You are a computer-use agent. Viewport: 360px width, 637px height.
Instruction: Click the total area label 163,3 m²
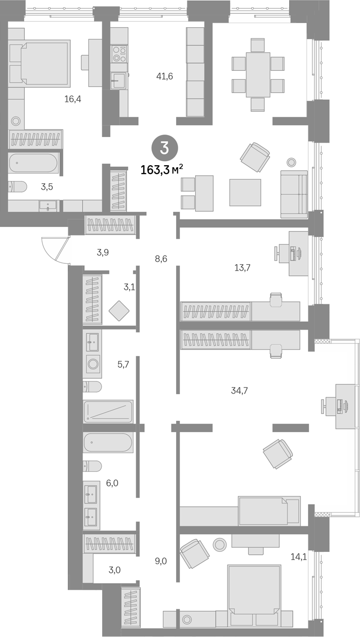click(x=162, y=170)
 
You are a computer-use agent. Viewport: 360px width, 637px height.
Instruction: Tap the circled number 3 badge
click(x=164, y=148)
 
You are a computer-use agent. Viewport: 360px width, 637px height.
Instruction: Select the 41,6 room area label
click(x=164, y=76)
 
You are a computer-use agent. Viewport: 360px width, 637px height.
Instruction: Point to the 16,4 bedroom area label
click(x=73, y=99)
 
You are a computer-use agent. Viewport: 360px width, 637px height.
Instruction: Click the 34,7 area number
click(x=239, y=391)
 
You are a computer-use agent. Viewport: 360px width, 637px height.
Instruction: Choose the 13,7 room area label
click(x=242, y=267)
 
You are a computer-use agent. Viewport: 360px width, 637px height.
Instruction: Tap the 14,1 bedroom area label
click(x=298, y=557)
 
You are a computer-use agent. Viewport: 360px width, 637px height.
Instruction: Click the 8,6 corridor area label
click(x=161, y=259)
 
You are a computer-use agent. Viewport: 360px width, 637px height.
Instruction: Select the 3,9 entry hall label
click(x=103, y=252)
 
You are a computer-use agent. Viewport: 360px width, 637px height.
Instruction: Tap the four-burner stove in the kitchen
click(x=119, y=54)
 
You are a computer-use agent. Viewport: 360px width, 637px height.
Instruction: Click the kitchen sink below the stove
click(x=119, y=81)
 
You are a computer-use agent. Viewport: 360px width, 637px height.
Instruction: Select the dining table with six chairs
click(x=258, y=75)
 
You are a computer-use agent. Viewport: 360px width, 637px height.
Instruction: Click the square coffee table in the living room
click(x=245, y=192)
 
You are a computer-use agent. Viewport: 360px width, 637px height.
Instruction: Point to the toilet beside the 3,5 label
click(x=17, y=187)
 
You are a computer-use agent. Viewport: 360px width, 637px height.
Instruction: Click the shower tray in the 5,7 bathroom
click(x=108, y=412)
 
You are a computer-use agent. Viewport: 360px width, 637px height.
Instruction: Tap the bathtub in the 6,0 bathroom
click(x=108, y=442)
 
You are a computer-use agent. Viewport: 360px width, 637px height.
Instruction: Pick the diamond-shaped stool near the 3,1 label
click(x=119, y=311)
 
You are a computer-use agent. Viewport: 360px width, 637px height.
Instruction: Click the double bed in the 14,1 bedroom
click(x=254, y=595)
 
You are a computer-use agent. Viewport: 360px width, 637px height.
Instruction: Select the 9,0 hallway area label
click(x=161, y=561)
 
